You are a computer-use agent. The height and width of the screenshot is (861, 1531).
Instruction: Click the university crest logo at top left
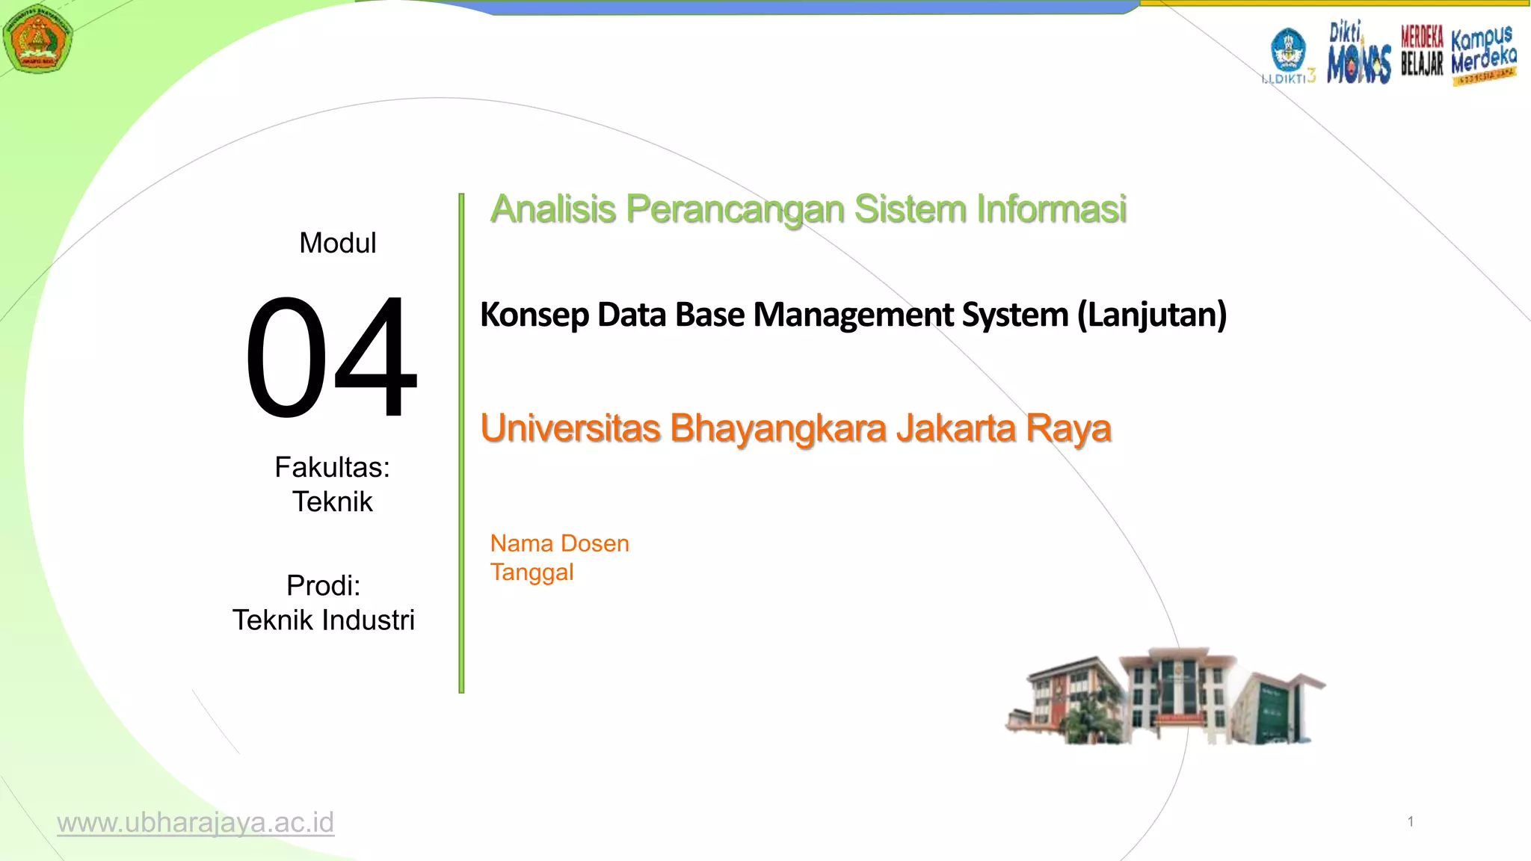tap(37, 38)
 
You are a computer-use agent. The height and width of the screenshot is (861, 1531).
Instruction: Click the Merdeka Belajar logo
tap(1421, 50)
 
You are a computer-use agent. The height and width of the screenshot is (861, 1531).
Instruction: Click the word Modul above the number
tap(337, 243)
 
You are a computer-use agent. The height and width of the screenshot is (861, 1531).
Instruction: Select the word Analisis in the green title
tap(553, 209)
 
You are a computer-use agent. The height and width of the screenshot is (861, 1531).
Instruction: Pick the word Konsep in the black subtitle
tap(534, 315)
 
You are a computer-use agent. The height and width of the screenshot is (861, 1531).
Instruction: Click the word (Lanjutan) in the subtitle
tap(1151, 315)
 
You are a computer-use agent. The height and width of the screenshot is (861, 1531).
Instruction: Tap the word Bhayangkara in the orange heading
tap(778, 428)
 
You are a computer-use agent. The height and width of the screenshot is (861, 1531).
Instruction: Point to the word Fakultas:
tap(332, 467)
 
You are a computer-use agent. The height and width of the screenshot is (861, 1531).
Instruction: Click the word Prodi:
tap(323, 585)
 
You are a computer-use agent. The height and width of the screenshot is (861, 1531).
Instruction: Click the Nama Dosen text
tap(559, 543)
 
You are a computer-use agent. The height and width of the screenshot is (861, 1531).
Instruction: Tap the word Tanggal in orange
tap(532, 573)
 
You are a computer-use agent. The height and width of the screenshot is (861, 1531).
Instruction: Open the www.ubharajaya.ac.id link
tap(195, 822)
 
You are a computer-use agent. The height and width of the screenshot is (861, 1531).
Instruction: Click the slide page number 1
tap(1410, 822)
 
